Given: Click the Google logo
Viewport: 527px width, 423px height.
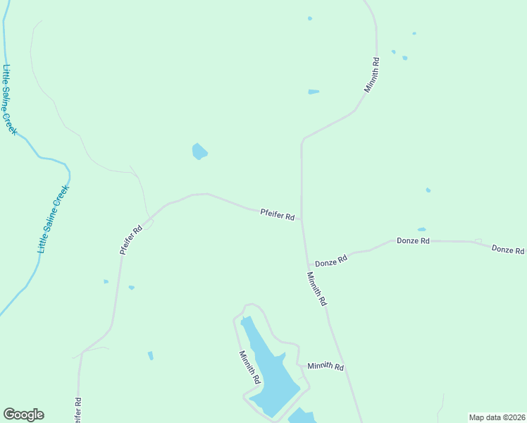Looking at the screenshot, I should pyautogui.click(x=23, y=415).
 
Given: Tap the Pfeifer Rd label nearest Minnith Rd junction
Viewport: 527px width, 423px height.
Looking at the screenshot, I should pyautogui.click(x=277, y=214).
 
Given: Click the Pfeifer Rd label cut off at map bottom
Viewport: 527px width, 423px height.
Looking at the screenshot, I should pyautogui.click(x=77, y=410).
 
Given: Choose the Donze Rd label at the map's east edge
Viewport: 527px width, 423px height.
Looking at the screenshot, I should pyautogui.click(x=507, y=250).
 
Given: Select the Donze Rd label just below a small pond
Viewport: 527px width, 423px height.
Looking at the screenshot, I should pyautogui.click(x=413, y=241).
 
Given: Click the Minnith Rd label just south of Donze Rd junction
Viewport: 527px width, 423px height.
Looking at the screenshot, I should pyautogui.click(x=317, y=288).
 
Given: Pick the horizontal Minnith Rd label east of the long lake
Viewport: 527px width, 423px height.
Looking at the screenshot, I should pyautogui.click(x=325, y=367).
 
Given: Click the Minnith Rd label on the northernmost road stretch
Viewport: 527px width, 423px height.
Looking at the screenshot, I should pyautogui.click(x=372, y=75).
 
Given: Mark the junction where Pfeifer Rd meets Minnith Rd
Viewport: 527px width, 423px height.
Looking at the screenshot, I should pyautogui.click(x=302, y=219).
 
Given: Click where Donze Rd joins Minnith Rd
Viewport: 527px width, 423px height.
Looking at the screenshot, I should pyautogui.click(x=307, y=265).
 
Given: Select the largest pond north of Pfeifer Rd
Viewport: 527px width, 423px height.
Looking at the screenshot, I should pyautogui.click(x=199, y=151).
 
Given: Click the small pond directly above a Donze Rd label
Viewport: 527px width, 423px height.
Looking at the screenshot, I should pyautogui.click(x=421, y=229).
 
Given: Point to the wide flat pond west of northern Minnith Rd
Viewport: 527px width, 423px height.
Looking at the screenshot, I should pyautogui.click(x=314, y=92).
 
